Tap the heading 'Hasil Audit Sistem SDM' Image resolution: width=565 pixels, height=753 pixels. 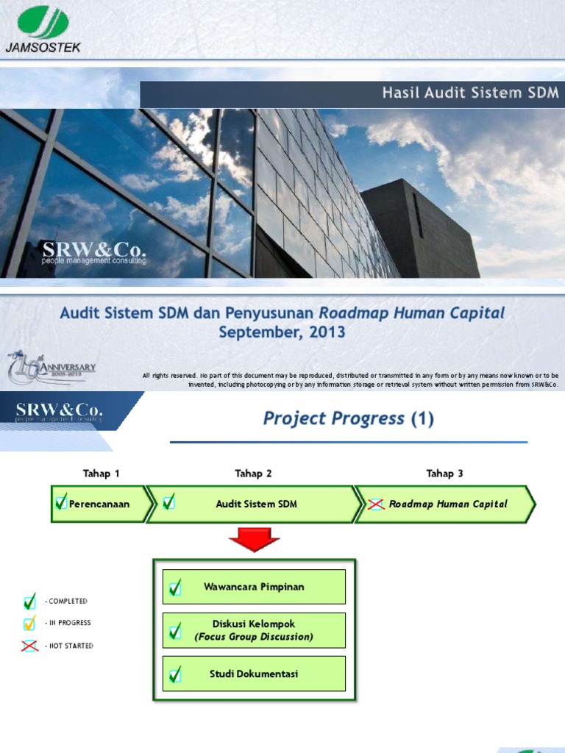(470, 93)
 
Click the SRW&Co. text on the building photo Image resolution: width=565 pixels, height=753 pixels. (93, 251)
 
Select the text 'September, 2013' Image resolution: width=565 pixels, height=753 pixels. (282, 332)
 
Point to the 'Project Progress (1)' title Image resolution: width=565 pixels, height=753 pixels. (348, 418)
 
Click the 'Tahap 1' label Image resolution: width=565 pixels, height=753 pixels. (101, 473)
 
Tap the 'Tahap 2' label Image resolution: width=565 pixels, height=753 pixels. (253, 473)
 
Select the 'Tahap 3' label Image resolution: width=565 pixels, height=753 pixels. (444, 473)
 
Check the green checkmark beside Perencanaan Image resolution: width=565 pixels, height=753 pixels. (62, 503)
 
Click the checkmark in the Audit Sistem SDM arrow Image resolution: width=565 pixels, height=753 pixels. (169, 503)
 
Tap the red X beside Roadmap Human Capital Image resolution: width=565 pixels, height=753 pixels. (376, 504)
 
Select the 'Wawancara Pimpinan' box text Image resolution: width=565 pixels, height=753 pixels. (254, 587)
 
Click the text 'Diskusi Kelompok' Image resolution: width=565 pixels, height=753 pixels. (254, 624)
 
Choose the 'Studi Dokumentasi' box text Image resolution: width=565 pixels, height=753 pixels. (254, 674)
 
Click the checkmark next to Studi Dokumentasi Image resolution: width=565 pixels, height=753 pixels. (175, 674)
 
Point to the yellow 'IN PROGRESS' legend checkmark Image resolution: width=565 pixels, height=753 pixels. (29, 624)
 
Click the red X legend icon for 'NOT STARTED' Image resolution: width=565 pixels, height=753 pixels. (29, 646)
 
